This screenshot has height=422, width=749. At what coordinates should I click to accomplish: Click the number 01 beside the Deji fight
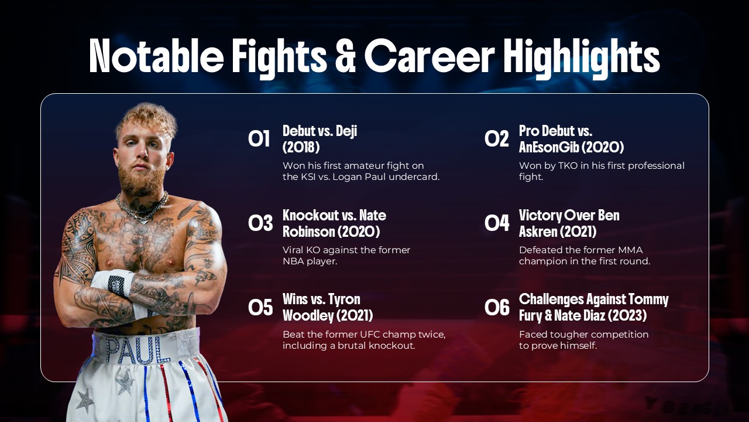259,139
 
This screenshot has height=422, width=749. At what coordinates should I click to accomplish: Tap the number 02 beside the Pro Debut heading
497,139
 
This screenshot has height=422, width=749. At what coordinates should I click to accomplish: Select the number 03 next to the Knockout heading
260,223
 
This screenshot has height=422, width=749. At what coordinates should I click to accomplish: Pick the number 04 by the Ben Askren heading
497,223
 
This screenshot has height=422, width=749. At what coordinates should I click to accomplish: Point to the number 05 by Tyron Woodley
260,308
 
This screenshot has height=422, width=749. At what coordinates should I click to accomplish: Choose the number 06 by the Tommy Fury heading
497,308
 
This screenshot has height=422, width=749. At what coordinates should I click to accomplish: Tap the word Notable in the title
156,55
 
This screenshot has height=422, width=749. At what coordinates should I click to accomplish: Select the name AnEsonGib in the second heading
548,147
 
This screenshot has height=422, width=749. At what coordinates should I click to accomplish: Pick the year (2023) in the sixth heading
628,316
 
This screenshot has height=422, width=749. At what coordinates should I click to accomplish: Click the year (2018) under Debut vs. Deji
301,147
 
